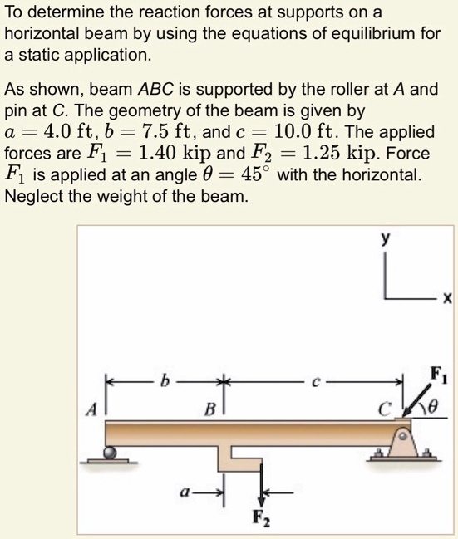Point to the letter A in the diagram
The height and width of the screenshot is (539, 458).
pyautogui.click(x=96, y=409)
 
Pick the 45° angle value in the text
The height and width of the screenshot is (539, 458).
pyautogui.click(x=251, y=176)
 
